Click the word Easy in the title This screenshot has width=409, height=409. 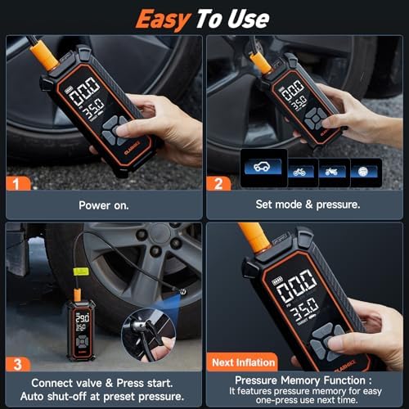pyautogui.click(x=164, y=18)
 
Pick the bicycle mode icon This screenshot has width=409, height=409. pyautogui.click(x=300, y=171)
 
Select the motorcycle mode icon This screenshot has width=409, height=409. pyautogui.click(x=332, y=171)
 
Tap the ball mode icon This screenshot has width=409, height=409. pyautogui.click(x=366, y=171)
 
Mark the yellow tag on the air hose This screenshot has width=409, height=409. pyautogui.click(x=82, y=270)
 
